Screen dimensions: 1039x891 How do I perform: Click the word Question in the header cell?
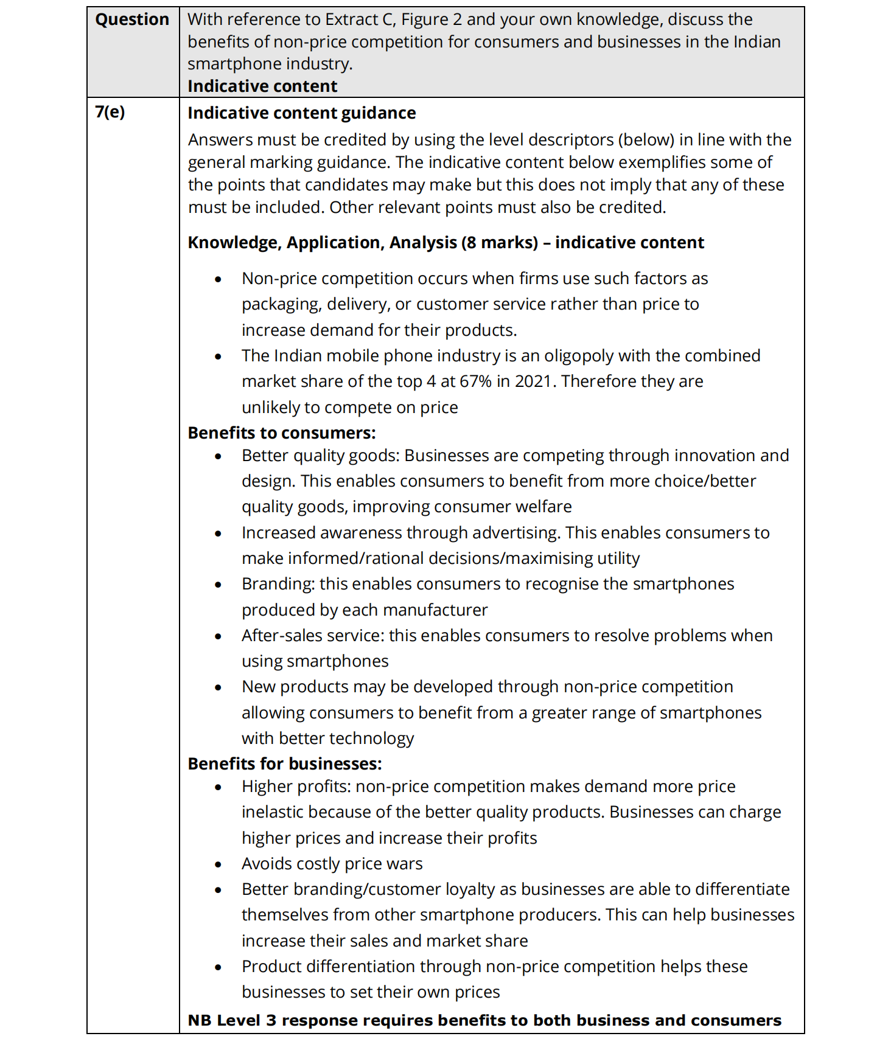[x=132, y=19]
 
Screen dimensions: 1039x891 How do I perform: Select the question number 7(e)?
[x=110, y=112]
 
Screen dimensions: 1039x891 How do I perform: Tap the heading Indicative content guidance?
[x=301, y=113]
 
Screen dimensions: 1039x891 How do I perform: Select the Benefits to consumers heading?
[x=281, y=433]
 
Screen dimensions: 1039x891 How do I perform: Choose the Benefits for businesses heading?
[x=284, y=764]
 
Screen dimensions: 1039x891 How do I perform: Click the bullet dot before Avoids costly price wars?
[x=218, y=864]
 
